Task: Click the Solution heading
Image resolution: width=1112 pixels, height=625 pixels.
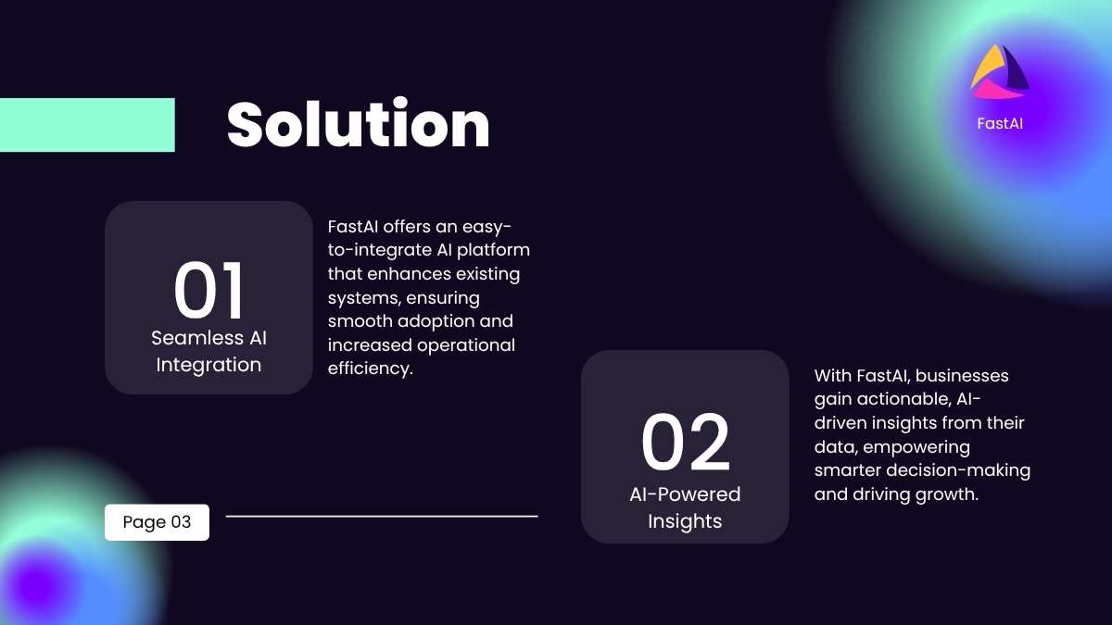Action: [358, 123]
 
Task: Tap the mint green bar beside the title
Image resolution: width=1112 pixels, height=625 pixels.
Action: [87, 125]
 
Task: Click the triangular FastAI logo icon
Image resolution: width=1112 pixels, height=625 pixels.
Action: [999, 72]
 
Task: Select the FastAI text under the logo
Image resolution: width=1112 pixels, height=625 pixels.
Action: [1000, 123]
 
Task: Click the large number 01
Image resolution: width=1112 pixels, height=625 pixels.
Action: [208, 290]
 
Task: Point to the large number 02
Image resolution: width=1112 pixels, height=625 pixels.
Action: [685, 442]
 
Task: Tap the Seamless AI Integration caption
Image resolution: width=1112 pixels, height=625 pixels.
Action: [208, 351]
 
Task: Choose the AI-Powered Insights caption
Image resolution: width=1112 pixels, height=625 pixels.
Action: [685, 507]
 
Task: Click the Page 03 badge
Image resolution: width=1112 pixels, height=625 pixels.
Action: [157, 522]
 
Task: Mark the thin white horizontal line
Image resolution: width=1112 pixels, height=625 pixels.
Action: [382, 517]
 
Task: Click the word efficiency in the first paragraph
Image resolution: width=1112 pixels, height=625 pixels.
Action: [369, 369]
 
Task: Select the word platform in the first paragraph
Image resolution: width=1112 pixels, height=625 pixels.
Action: [493, 250]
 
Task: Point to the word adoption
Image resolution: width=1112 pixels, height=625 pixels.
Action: [436, 321]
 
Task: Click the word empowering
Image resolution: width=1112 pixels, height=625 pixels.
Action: [916, 447]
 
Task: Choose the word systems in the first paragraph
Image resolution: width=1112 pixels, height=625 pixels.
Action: [363, 298]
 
